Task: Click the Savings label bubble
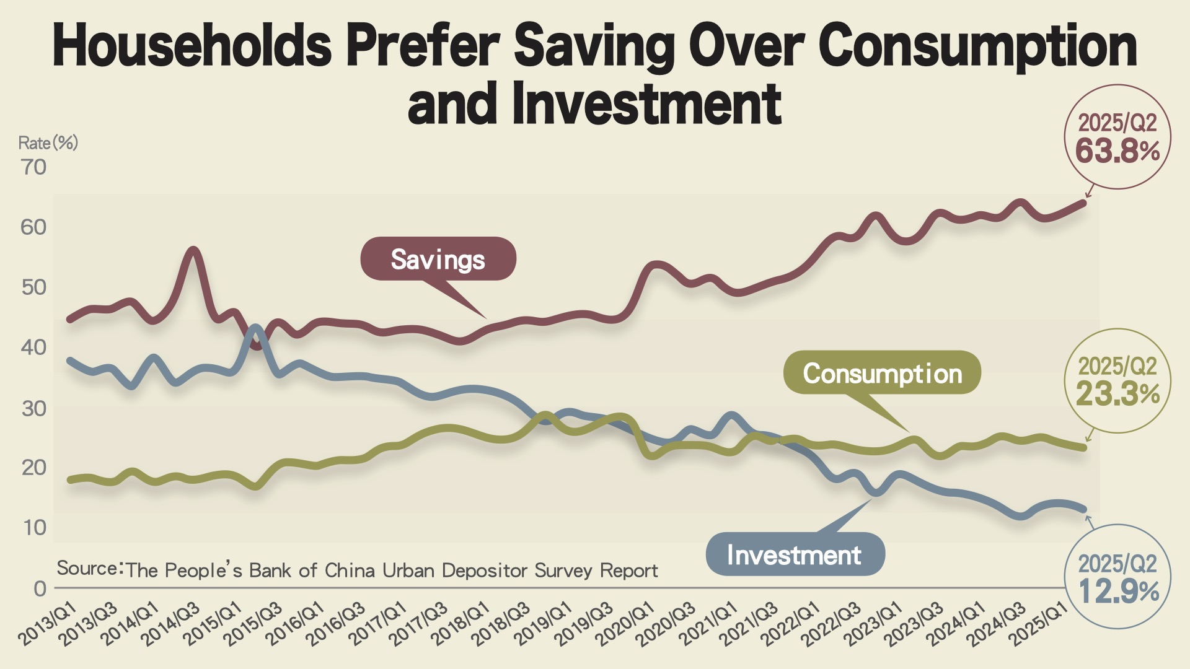pos(438,259)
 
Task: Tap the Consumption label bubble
pos(882,373)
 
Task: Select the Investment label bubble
pos(794,554)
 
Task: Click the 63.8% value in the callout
pos(1117,151)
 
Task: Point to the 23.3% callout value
pos(1117,393)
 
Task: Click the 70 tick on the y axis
pos(33,167)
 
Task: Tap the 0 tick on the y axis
pos(40,588)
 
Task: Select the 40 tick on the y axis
pos(33,348)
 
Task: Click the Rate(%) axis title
pos(48,143)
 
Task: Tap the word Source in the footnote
pos(88,568)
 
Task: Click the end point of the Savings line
pos(1083,203)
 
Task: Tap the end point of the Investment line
pos(1083,509)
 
